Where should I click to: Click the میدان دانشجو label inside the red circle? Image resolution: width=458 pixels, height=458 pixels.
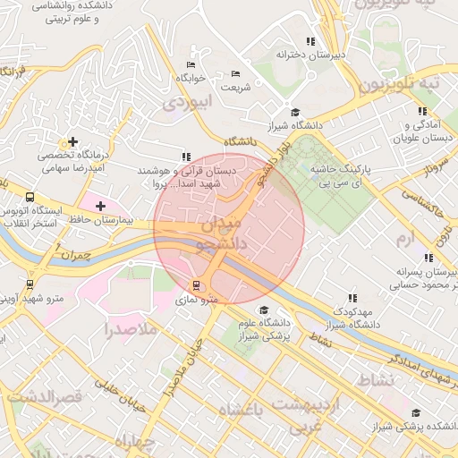pyautogui.click(x=229, y=230)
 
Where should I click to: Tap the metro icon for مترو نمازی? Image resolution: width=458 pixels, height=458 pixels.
pyautogui.click(x=197, y=285)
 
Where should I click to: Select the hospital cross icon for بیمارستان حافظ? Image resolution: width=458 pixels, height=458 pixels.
pyautogui.click(x=100, y=207)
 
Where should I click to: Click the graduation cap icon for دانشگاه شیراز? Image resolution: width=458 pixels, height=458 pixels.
pyautogui.click(x=295, y=112)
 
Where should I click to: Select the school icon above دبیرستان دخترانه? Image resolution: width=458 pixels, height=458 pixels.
pyautogui.click(x=310, y=41)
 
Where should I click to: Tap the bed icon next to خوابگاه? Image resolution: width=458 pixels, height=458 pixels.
pyautogui.click(x=190, y=65)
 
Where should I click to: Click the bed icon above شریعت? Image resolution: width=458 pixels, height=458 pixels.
pyautogui.click(x=236, y=73)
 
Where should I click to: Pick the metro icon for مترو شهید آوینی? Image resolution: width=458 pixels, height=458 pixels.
pyautogui.click(x=31, y=285)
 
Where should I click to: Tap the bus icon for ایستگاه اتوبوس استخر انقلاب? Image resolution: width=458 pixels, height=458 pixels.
pyautogui.click(x=30, y=197)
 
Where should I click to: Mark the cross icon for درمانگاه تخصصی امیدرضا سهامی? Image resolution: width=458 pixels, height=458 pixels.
pyautogui.click(x=72, y=141)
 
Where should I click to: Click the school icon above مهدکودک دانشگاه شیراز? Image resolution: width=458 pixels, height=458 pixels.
pyautogui.click(x=352, y=298)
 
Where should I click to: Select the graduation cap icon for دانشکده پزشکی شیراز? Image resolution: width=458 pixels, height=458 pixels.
pyautogui.click(x=416, y=412)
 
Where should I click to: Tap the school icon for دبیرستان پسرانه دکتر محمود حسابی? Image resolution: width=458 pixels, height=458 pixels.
pyautogui.click(x=428, y=258)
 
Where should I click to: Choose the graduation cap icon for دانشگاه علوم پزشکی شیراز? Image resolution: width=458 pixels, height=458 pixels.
pyautogui.click(x=264, y=310)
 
